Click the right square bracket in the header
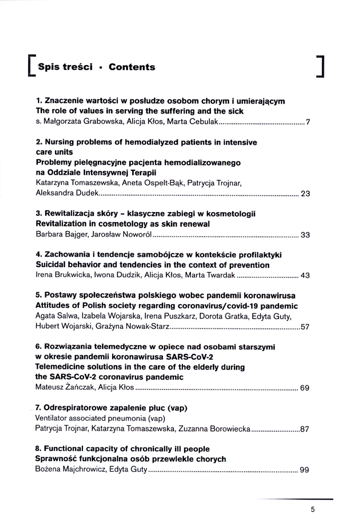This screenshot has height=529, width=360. pyautogui.click(x=319, y=66)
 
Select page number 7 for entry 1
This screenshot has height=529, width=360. pyautogui.click(x=307, y=123)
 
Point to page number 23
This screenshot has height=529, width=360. pyautogui.click(x=305, y=193)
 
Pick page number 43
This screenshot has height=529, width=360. pyautogui.click(x=305, y=275)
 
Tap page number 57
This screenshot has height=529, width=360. pyautogui.click(x=305, y=326)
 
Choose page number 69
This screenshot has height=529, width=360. pyautogui.click(x=305, y=388)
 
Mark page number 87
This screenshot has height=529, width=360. pyautogui.click(x=304, y=428)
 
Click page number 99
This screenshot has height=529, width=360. pyautogui.click(x=304, y=469)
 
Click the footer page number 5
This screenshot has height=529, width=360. pyautogui.click(x=313, y=510)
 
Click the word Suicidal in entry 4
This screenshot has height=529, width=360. pyautogui.click(x=52, y=264)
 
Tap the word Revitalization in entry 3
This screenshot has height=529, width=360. pyautogui.click(x=63, y=224)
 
